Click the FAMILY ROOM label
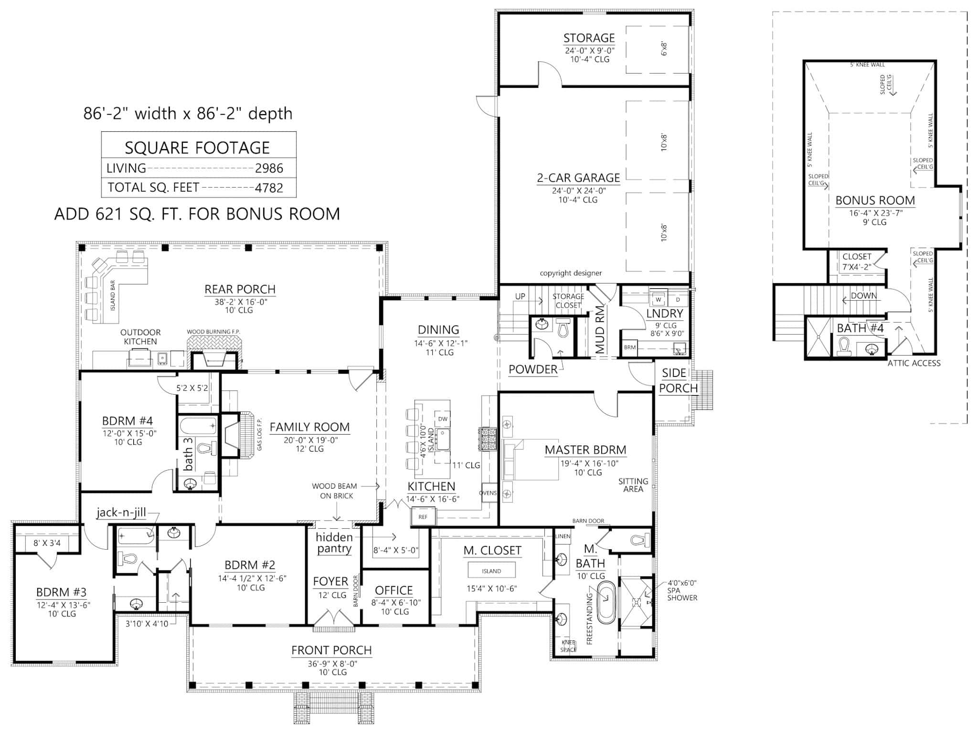[x=309, y=427]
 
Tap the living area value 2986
[x=269, y=168]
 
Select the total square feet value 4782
[x=269, y=188]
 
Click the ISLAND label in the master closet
[x=491, y=571]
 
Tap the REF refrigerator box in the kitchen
[x=423, y=517]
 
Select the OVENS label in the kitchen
[x=488, y=493]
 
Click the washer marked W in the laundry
[x=659, y=300]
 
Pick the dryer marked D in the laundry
[x=678, y=300]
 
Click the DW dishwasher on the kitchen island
[x=443, y=419]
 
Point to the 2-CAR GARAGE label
[x=578, y=178]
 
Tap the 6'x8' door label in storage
[x=664, y=49]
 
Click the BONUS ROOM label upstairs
[x=875, y=200]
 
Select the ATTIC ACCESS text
[x=914, y=363]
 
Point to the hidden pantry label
[x=334, y=543]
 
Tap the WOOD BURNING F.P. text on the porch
[x=213, y=332]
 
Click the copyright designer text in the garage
[x=571, y=273]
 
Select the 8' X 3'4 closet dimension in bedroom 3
[x=47, y=543]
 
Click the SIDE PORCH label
[x=678, y=380]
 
